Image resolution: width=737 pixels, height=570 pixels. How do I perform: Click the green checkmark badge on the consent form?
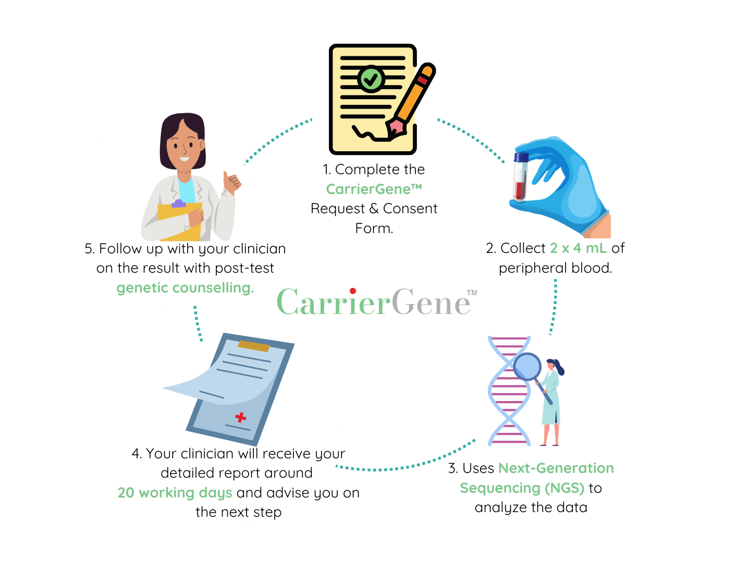point(371,79)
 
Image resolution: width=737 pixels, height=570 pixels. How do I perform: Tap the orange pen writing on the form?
point(411,102)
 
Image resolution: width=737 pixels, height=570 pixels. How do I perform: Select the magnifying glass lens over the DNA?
point(527,367)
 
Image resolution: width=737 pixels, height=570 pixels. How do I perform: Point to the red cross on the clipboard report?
point(240,417)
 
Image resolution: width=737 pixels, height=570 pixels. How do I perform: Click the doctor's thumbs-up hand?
point(231,183)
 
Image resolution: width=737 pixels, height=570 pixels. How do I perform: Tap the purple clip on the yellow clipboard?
point(178,203)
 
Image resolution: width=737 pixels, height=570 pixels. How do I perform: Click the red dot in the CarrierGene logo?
point(352,291)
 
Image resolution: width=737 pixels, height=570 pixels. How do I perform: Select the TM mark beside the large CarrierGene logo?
point(472,293)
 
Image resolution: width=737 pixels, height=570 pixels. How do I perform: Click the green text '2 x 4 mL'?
point(578,248)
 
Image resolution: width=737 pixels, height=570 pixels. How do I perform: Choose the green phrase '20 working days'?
point(175,493)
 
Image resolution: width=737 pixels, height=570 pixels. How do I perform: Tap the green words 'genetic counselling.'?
point(185,288)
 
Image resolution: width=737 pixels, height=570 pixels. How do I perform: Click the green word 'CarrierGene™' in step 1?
point(374,189)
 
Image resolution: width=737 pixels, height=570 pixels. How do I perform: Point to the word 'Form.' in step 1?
point(374,228)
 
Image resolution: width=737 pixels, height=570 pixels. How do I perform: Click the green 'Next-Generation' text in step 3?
point(556,468)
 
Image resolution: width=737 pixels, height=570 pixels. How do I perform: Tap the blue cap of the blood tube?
point(521,157)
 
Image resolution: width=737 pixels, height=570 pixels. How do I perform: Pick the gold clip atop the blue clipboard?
point(254,346)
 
